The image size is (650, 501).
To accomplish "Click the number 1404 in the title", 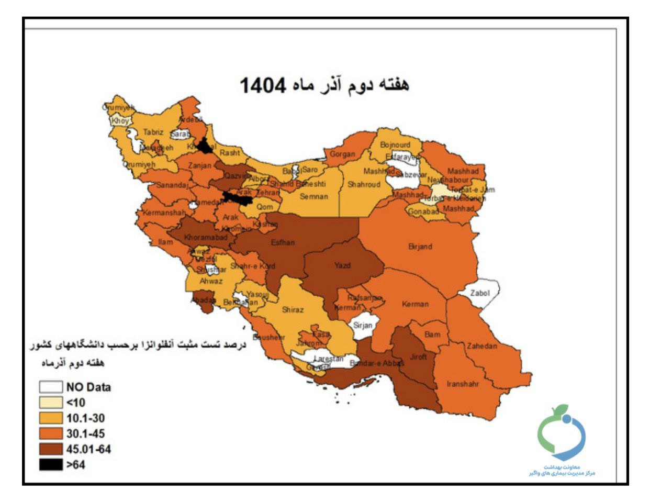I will [x=263, y=85].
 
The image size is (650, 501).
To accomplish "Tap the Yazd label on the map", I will [x=342, y=265].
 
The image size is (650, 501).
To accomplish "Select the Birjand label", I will [x=420, y=246].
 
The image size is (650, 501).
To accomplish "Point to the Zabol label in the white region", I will [x=480, y=293].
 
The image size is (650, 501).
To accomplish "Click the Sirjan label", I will [x=363, y=325].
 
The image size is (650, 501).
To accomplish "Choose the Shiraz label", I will [x=293, y=309].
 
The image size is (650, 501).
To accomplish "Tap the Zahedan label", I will [x=481, y=346].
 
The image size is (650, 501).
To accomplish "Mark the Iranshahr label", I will [x=463, y=384].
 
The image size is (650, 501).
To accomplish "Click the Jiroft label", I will [x=419, y=357].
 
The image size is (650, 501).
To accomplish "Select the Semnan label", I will [x=314, y=197].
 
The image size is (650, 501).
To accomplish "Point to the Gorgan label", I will [x=342, y=154].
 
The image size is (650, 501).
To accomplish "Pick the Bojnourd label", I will [x=395, y=144].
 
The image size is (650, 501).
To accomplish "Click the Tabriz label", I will [x=153, y=132].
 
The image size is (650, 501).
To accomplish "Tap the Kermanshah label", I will [x=164, y=213].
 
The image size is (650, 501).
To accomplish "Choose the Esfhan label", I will [x=283, y=242].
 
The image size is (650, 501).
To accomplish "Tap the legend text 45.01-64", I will [x=88, y=449].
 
